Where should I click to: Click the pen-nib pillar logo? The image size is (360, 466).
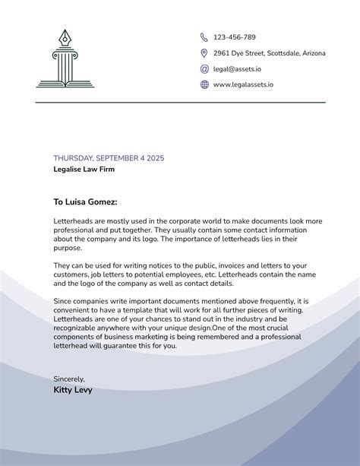[x=65, y=59]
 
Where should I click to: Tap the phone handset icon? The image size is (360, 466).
[x=204, y=37]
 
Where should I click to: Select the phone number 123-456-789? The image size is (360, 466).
[x=234, y=37]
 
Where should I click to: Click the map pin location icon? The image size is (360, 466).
[x=204, y=53]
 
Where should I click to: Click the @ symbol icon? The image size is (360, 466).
[x=204, y=69]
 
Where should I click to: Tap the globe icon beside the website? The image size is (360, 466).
[x=204, y=85]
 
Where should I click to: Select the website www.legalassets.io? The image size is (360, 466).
[x=243, y=85]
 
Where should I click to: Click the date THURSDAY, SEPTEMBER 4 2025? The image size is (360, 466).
[x=109, y=158]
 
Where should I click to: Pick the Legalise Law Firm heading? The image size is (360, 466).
[x=84, y=170]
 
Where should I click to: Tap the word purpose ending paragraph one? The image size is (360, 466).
[x=67, y=248]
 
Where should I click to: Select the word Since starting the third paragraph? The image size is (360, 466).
[x=62, y=301]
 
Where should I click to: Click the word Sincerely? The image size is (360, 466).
[x=69, y=379]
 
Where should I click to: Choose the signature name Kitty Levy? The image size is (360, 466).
[x=73, y=390]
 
